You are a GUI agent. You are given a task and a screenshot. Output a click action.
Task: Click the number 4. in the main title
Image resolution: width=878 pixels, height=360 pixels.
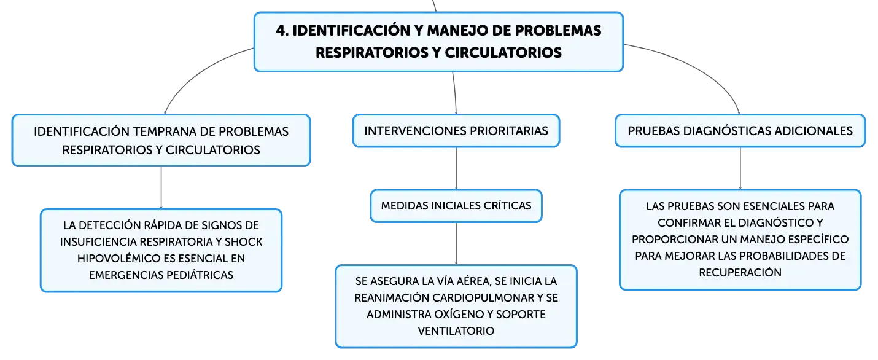point(282,31)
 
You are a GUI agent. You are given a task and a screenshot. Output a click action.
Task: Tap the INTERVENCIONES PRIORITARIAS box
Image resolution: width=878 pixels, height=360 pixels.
point(456,131)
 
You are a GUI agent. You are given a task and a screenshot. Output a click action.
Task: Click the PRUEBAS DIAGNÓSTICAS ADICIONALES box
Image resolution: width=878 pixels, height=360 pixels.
point(740,131)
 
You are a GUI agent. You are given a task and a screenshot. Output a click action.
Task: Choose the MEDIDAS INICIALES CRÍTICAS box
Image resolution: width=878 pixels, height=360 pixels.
point(456,206)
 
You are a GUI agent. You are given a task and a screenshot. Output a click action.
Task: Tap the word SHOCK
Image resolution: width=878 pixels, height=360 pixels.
point(243,242)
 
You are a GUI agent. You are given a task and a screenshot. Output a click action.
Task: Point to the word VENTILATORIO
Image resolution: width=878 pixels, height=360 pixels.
point(456,331)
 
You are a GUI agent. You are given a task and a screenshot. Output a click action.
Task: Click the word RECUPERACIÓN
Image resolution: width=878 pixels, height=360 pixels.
point(740,273)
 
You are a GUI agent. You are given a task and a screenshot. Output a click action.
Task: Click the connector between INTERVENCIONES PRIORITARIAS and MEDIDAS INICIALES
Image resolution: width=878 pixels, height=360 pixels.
point(456,168)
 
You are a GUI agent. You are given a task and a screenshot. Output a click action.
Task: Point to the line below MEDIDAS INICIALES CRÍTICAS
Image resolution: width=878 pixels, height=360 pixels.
point(456,243)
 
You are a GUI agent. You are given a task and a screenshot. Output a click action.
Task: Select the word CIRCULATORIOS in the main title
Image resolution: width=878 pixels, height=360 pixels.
point(503,53)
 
